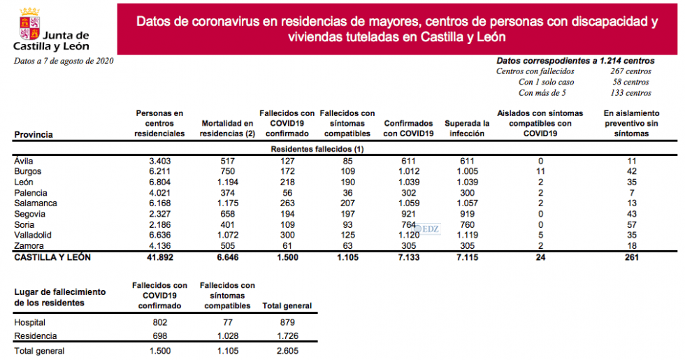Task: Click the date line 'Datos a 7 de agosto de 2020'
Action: coord(64,61)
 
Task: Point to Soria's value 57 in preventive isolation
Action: coord(631,224)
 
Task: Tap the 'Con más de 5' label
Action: coord(542,92)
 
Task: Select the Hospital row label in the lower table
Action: coord(29,322)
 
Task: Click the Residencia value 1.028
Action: coord(227,336)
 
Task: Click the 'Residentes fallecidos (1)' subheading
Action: coord(317,149)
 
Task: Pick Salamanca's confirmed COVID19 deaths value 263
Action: coord(287,203)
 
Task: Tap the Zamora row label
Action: coord(28,246)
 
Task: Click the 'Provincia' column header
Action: coord(34,134)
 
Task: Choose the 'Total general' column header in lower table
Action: coord(287,306)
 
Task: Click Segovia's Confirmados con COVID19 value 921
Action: coord(408,214)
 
